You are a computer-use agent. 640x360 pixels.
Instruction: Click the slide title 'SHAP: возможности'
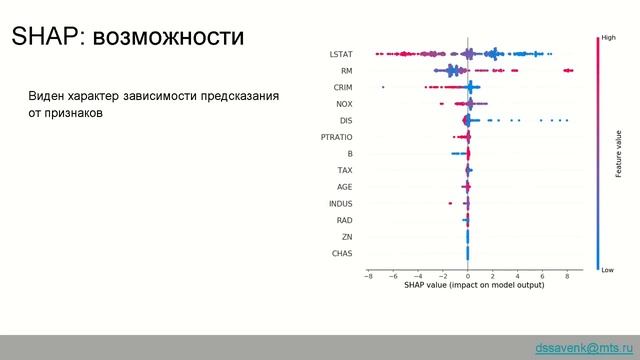pyautogui.click(x=127, y=38)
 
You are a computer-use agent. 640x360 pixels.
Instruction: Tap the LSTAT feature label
pyautogui.click(x=340, y=54)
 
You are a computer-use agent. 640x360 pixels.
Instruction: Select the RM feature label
pyautogui.click(x=345, y=71)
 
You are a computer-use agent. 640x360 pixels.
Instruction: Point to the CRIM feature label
pyautogui.click(x=342, y=88)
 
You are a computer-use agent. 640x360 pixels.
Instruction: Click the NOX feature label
pyautogui.click(x=343, y=104)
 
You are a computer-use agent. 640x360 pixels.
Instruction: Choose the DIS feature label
pyautogui.click(x=345, y=121)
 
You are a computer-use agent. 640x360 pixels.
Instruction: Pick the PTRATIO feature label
pyautogui.click(x=335, y=137)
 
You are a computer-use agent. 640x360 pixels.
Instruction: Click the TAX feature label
pyautogui.click(x=344, y=171)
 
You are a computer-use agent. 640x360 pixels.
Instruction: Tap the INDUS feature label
pyautogui.click(x=340, y=204)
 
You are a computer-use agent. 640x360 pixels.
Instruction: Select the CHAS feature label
pyautogui.click(x=341, y=254)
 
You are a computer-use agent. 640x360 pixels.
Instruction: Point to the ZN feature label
pyautogui.click(x=346, y=237)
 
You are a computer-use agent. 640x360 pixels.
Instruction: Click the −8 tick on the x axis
pyautogui.click(x=368, y=275)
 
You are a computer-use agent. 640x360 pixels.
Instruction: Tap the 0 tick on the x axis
pyautogui.click(x=468, y=275)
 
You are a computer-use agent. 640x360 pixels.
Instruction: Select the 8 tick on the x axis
pyautogui.click(x=567, y=275)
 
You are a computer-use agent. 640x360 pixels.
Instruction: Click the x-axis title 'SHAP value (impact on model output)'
pyautogui.click(x=468, y=286)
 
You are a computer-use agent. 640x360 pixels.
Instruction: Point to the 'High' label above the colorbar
pyautogui.click(x=607, y=37)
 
